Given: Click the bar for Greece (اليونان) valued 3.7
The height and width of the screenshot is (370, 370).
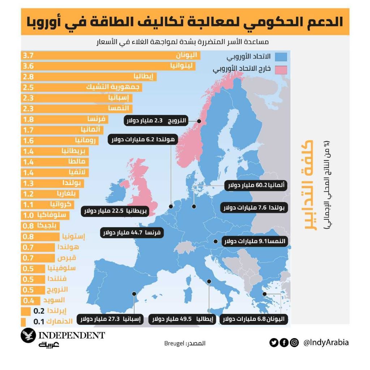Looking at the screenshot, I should coord(108,56).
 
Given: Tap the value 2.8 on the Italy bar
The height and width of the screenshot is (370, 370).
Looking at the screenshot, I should coord(28,77).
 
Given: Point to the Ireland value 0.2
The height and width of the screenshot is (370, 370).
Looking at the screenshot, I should coord(39,311).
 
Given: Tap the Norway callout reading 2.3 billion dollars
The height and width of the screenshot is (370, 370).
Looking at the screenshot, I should coord(156,121).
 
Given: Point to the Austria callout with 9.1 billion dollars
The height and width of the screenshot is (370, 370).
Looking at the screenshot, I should coord(255,241).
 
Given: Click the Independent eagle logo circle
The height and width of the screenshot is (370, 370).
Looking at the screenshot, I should coord(28,336).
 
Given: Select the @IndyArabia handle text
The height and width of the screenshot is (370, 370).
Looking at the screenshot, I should coord(326,343).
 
